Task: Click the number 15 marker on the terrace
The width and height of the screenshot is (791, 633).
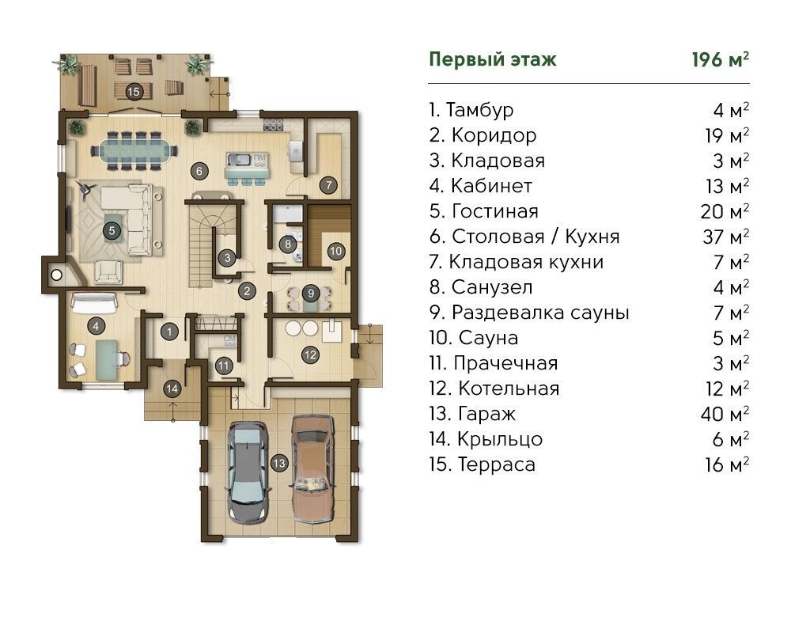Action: click(x=133, y=91)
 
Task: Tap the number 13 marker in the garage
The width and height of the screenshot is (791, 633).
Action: click(x=279, y=463)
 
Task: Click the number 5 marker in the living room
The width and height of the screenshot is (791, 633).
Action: click(x=112, y=231)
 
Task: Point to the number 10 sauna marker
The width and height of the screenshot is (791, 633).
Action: click(x=336, y=251)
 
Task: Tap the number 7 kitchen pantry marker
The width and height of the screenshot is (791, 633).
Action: click(x=328, y=185)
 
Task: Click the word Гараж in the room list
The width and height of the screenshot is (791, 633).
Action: click(x=486, y=414)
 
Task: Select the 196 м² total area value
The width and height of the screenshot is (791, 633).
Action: click(x=721, y=59)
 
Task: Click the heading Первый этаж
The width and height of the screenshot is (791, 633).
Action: click(x=492, y=59)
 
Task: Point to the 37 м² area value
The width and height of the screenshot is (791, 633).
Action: click(x=725, y=237)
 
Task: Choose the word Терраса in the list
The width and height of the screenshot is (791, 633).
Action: click(x=497, y=464)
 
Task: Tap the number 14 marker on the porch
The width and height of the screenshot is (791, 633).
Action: click(x=172, y=389)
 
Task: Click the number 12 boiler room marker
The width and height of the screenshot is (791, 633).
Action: click(x=310, y=354)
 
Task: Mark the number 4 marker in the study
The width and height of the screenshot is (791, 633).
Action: click(x=96, y=326)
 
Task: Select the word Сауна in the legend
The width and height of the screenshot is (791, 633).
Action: click(x=488, y=338)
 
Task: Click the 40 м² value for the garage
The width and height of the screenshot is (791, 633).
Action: click(x=725, y=414)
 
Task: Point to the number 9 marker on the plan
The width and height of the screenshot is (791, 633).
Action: click(x=311, y=294)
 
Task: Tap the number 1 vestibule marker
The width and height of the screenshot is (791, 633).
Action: click(x=169, y=332)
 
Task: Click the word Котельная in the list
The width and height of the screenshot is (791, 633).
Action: click(x=509, y=389)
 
